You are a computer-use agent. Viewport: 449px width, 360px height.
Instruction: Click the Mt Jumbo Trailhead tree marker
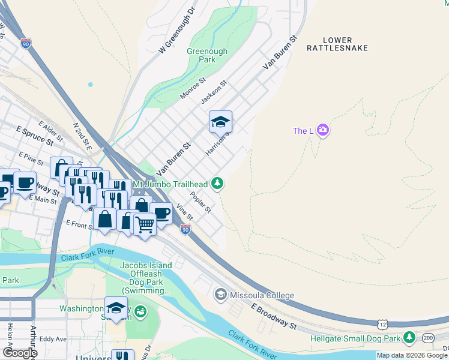(219, 184)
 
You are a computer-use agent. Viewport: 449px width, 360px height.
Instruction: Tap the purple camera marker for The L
(323, 130)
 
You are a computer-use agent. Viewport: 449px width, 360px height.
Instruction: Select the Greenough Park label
(207, 56)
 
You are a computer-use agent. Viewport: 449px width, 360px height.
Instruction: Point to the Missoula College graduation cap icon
(221, 295)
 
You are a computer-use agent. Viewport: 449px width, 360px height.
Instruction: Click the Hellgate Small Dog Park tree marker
(409, 338)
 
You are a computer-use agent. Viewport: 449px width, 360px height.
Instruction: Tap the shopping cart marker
(145, 224)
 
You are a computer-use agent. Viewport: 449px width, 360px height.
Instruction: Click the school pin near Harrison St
(220, 122)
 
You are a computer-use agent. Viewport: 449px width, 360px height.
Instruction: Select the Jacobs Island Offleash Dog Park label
(145, 278)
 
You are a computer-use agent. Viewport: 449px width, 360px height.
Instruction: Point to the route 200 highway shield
(428, 338)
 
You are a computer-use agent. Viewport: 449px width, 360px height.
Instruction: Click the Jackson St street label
(214, 92)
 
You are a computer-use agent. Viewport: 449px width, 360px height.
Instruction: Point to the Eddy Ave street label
(53, 339)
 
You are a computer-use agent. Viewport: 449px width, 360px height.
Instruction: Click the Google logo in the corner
(19, 352)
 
